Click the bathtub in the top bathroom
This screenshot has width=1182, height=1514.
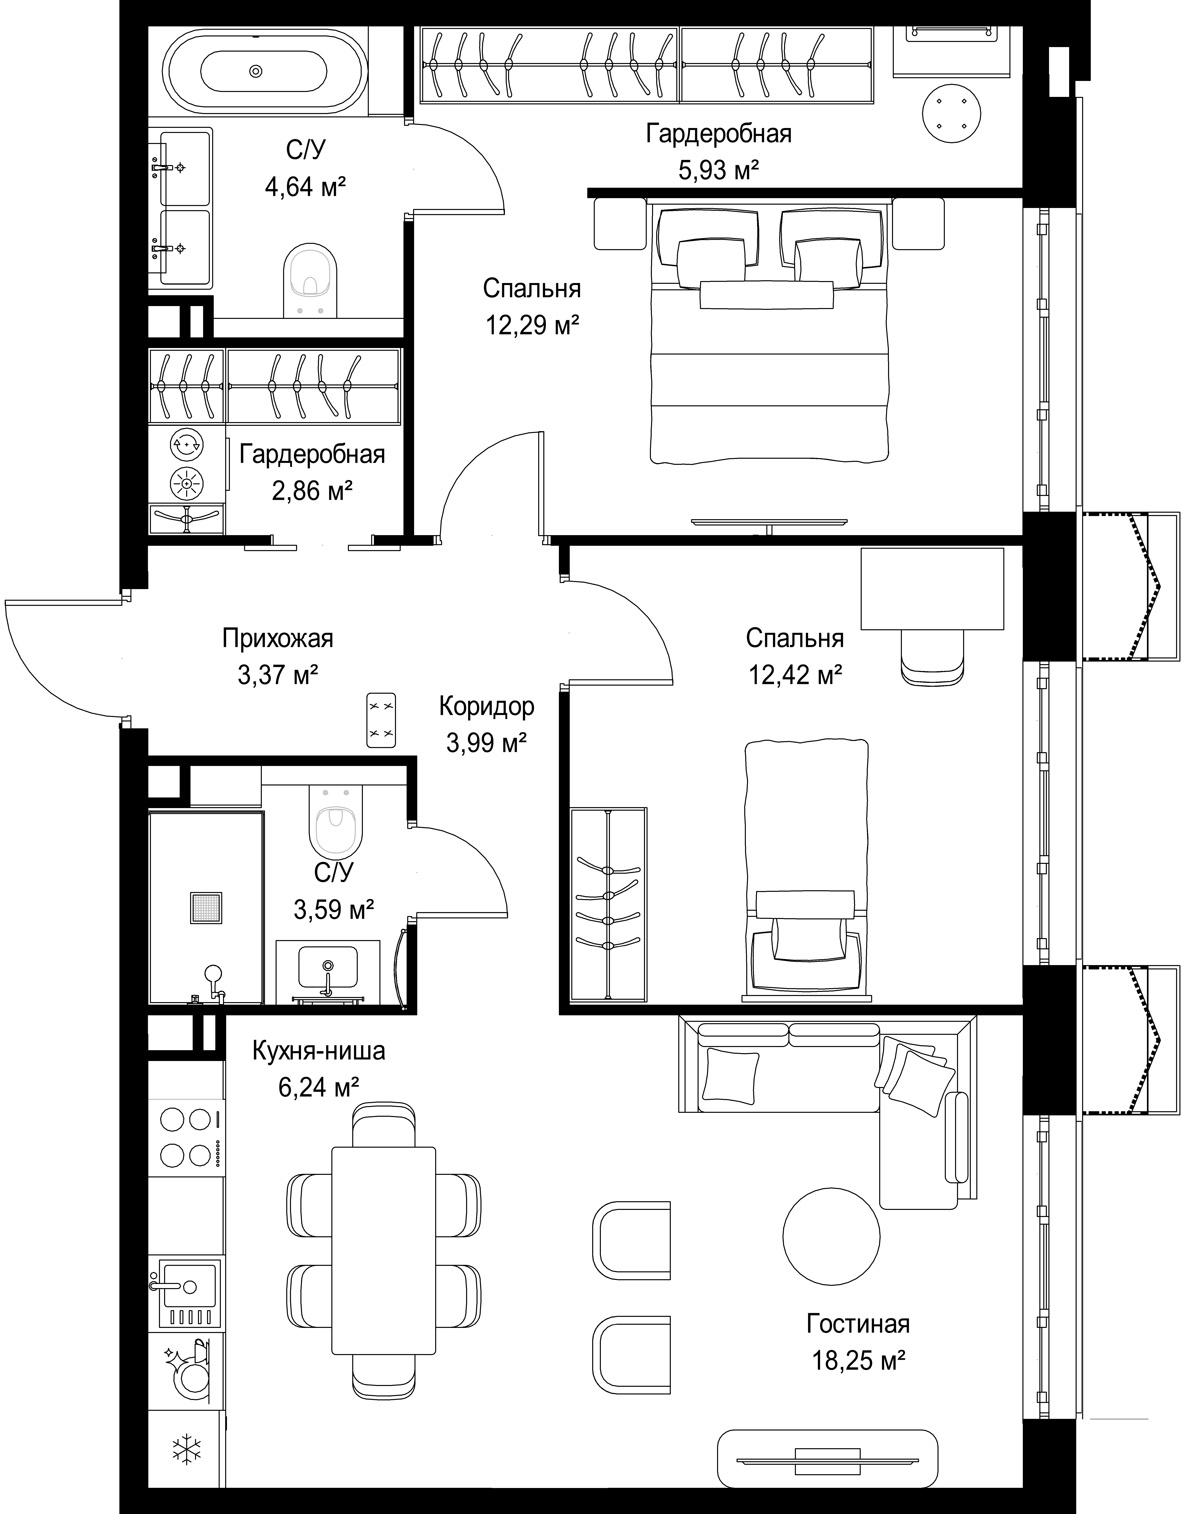(263, 71)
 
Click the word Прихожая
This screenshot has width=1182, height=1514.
(278, 638)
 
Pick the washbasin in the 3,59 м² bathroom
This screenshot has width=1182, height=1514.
(328, 968)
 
